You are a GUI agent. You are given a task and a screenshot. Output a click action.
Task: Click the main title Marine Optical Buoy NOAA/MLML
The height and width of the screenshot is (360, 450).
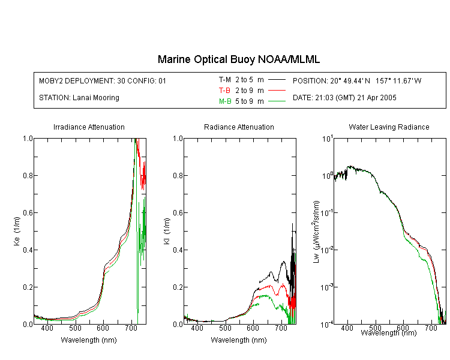pyautogui.click(x=238, y=59)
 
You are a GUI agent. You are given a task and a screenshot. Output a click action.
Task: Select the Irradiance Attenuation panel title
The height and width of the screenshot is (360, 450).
pyautogui.click(x=89, y=127)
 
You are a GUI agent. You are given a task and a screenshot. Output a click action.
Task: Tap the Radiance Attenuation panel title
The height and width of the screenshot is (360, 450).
pyautogui.click(x=239, y=127)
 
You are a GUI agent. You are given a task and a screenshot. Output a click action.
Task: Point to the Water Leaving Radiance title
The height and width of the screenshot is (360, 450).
pyautogui.click(x=389, y=127)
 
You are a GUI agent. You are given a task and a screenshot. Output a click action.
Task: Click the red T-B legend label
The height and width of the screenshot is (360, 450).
pyautogui.click(x=224, y=91)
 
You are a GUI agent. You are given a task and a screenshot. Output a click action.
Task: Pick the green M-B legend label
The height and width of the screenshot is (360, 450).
pyautogui.click(x=225, y=101)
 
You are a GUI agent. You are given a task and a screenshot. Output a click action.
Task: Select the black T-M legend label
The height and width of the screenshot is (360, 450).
pyautogui.click(x=225, y=80)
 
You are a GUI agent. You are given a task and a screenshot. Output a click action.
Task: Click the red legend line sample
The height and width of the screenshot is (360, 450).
pyautogui.click(x=277, y=90)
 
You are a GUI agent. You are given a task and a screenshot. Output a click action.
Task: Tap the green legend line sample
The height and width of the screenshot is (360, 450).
pyautogui.click(x=277, y=101)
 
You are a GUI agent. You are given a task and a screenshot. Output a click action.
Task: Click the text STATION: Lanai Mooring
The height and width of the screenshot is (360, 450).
pyautogui.click(x=79, y=98)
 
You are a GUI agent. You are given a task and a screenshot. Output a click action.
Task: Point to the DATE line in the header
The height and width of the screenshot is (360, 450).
pyautogui.click(x=344, y=98)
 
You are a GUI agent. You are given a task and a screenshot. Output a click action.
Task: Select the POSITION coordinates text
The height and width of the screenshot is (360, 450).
pyautogui.click(x=357, y=80)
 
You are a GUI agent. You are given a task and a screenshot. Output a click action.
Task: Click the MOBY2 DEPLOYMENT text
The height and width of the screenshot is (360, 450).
pyautogui.click(x=103, y=80)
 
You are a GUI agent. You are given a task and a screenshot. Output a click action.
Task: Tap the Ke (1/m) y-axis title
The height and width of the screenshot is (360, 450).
pyautogui.click(x=17, y=231)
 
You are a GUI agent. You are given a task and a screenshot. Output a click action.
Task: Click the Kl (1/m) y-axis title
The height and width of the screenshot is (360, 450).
pyautogui.click(x=167, y=231)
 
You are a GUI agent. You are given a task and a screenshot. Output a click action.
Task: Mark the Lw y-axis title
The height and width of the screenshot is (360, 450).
pyautogui.click(x=316, y=232)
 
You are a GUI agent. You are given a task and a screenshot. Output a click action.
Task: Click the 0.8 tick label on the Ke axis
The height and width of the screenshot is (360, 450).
pyautogui.click(x=28, y=175)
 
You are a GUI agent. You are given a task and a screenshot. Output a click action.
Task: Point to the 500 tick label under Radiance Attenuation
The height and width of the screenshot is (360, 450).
pyautogui.click(x=225, y=328)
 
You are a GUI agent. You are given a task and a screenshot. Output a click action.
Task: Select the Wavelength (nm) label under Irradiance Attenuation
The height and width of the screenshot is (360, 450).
pyautogui.click(x=89, y=340)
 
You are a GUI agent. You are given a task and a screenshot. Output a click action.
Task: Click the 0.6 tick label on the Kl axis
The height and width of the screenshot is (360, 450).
pyautogui.click(x=178, y=213)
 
